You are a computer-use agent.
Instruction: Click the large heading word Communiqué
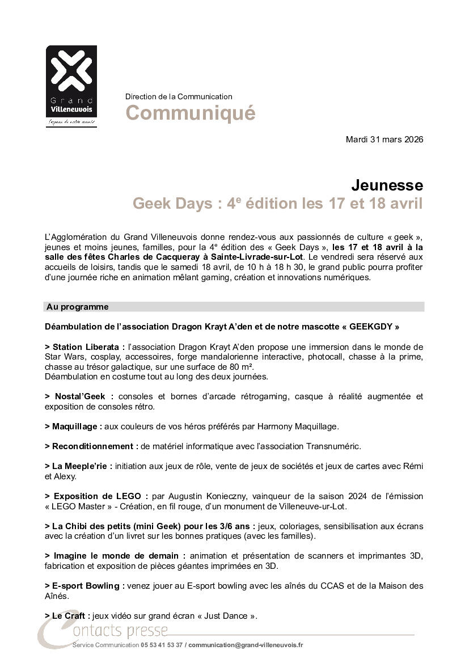pos(190,113)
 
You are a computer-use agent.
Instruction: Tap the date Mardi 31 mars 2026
pos(384,140)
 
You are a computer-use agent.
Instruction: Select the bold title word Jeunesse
pos(387,185)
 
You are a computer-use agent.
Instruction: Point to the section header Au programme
pos(78,307)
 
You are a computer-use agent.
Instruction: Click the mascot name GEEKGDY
pos(370,327)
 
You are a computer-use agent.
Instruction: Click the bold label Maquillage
pos(77,426)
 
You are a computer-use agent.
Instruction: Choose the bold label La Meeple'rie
pos(82,466)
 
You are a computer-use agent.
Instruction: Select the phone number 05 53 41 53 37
pos(162,645)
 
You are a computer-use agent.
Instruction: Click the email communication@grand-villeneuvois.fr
pos(246,645)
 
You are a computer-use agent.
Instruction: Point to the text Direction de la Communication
pos(179,96)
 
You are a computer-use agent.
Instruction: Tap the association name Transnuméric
pos(335,446)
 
